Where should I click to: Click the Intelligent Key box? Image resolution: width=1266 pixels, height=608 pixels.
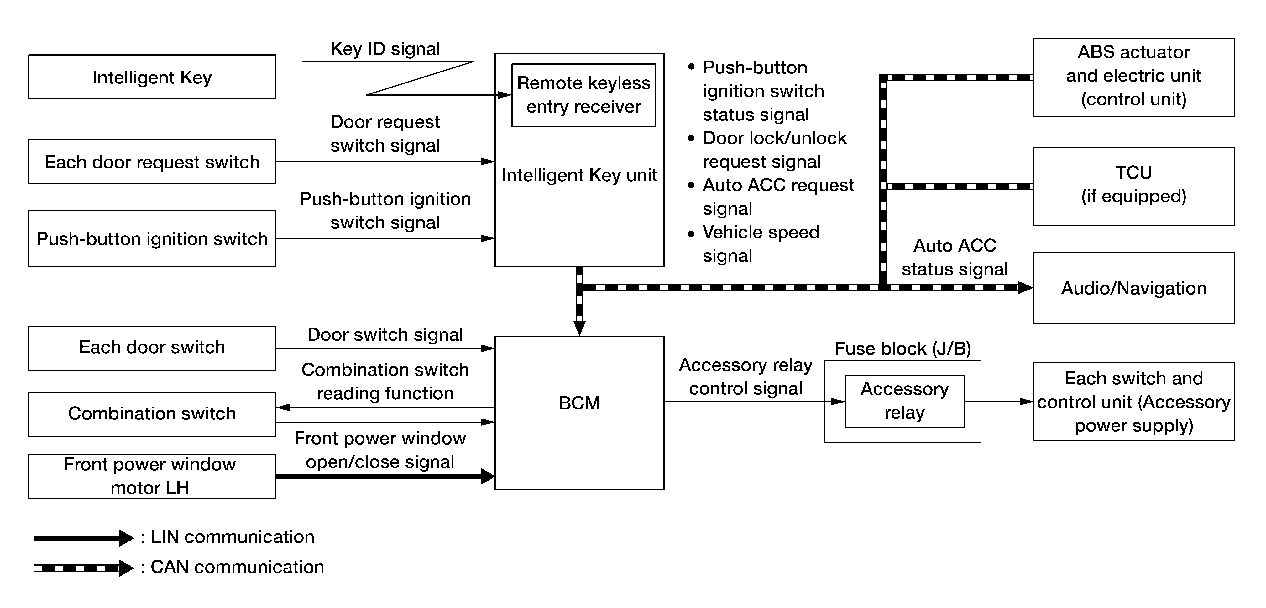point(152,77)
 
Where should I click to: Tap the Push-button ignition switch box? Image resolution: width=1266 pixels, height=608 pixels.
point(152,238)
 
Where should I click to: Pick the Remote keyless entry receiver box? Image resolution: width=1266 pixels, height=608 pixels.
point(583,95)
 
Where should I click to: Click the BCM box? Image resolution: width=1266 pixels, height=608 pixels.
point(579,413)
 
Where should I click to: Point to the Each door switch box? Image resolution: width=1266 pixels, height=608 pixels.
point(152,348)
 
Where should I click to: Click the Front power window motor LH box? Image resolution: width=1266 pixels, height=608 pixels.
point(152,476)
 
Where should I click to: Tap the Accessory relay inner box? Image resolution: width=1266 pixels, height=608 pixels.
point(905,401)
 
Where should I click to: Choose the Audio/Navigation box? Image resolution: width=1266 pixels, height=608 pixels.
point(1134,288)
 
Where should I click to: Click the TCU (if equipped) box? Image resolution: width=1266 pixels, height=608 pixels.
point(1134,186)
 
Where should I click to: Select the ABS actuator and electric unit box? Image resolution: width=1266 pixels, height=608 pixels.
point(1134,78)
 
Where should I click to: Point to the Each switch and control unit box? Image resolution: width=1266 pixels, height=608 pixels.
point(1134,401)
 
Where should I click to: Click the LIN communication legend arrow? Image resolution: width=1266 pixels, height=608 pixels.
point(84,538)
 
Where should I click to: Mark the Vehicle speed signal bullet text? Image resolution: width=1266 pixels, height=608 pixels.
point(761,244)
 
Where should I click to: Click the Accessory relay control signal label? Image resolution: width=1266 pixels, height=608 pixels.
point(745,377)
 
